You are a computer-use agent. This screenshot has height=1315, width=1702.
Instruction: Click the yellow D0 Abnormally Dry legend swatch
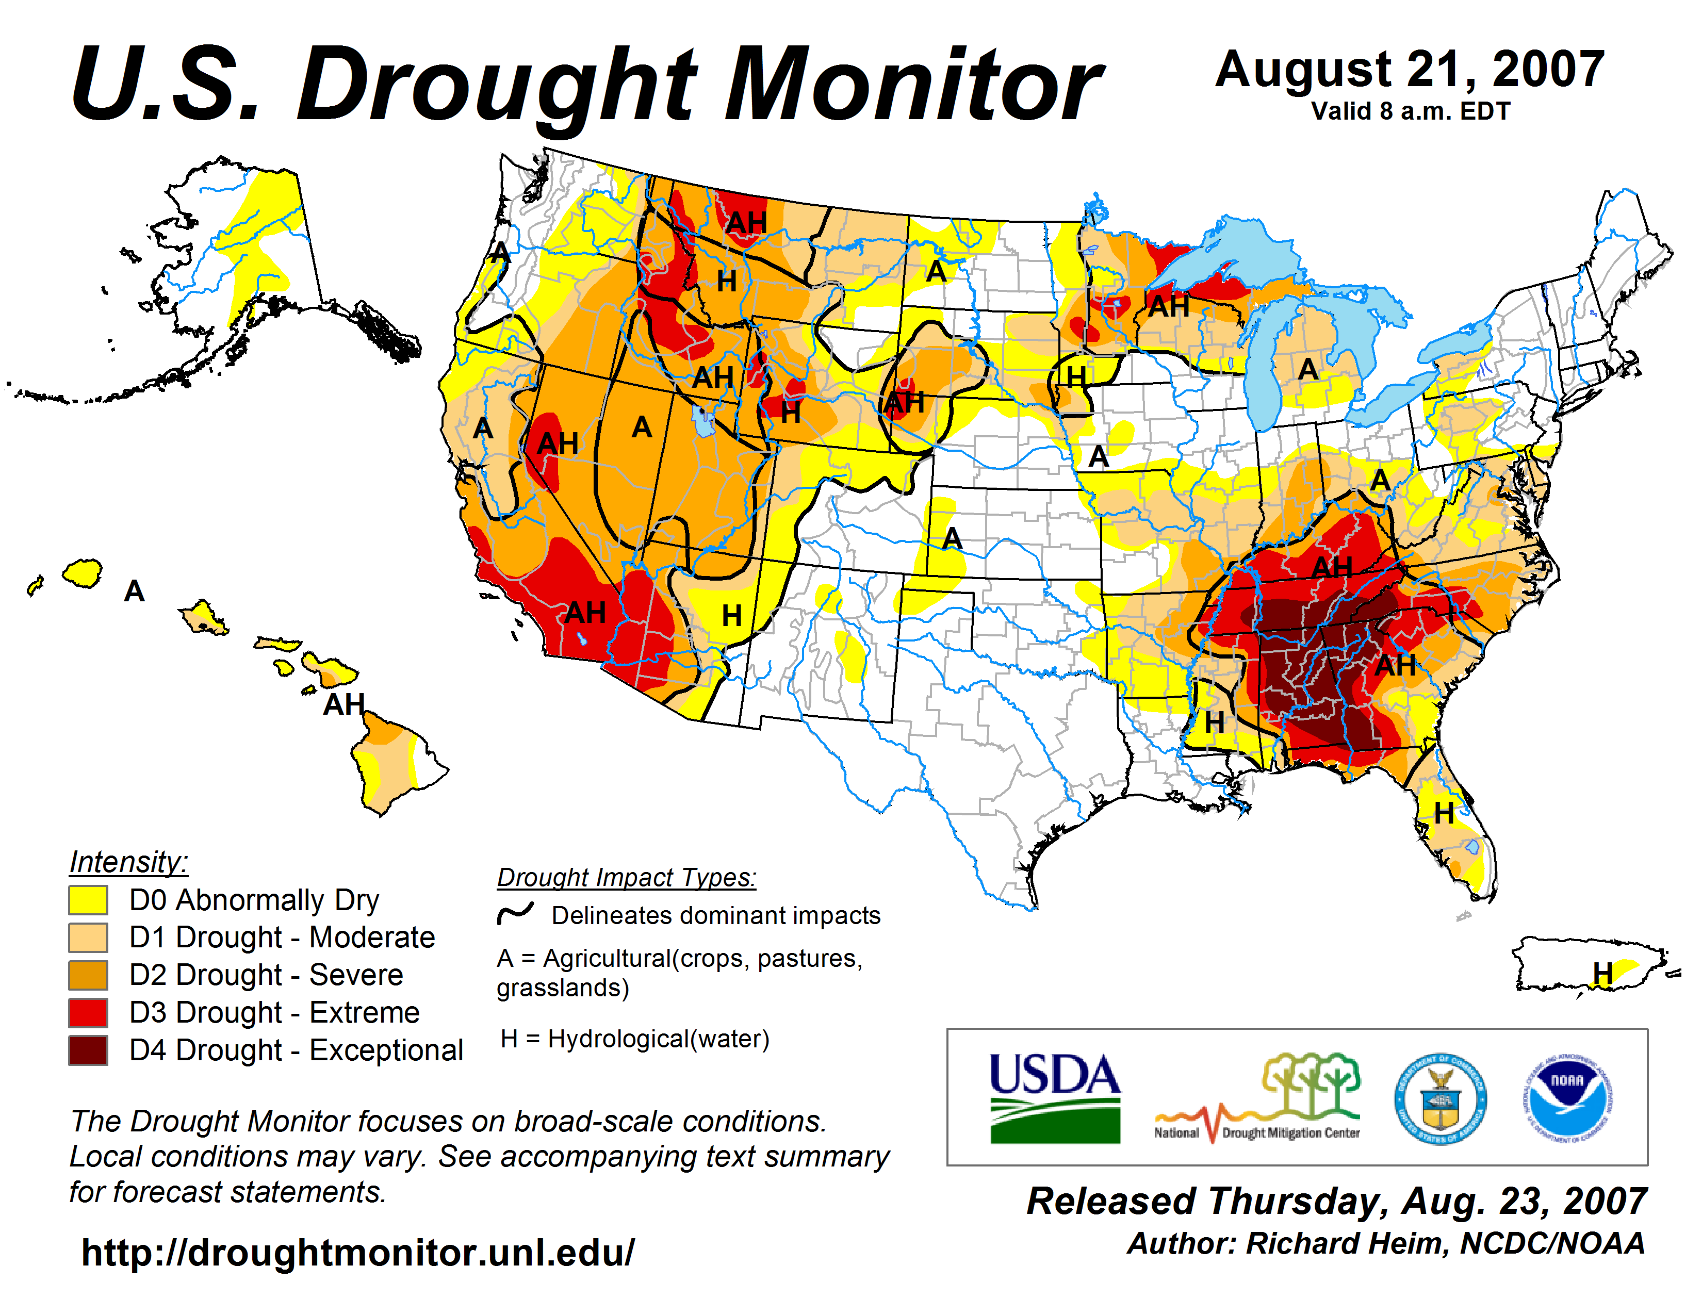click(x=88, y=900)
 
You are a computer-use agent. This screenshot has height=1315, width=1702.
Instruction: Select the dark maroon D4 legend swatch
click(x=88, y=1050)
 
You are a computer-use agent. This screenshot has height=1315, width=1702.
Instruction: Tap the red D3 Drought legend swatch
click(x=88, y=1013)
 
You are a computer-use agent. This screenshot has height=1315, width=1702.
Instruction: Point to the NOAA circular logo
click(x=1567, y=1098)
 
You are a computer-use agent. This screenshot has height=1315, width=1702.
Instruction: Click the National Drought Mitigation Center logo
click(x=1258, y=1098)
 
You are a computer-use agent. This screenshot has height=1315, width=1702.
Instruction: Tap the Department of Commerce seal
click(x=1440, y=1098)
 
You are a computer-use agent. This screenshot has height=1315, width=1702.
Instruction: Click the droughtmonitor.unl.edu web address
click(x=358, y=1253)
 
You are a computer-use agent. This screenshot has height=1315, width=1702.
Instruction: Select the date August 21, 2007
click(x=1409, y=70)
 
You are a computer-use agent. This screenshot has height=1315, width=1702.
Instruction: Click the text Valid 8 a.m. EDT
click(x=1411, y=111)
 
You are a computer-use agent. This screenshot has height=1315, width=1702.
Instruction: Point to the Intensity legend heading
click(x=128, y=862)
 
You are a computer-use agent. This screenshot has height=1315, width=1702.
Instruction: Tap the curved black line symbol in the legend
click(x=515, y=913)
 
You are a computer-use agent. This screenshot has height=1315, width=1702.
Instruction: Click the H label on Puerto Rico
click(x=1602, y=972)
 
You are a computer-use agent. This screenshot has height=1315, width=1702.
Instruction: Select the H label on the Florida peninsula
click(x=1444, y=813)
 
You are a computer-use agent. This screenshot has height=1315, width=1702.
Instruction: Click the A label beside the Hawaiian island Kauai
click(x=135, y=591)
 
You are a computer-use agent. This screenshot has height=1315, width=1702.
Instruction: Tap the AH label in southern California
click(x=585, y=612)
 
